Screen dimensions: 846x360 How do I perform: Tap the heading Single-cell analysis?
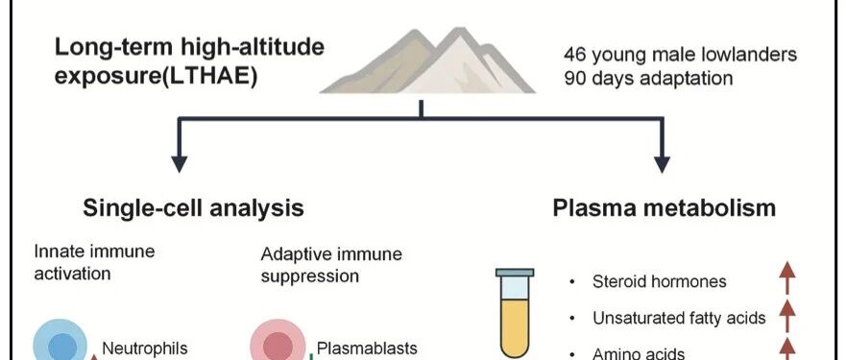[193, 208]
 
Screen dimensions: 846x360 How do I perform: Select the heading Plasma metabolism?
[665, 208]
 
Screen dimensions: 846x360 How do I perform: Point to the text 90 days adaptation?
[648, 79]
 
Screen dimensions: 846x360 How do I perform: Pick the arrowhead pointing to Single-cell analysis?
[180, 164]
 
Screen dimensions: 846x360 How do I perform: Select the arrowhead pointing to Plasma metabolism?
[662, 164]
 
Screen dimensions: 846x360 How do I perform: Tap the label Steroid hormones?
[660, 281]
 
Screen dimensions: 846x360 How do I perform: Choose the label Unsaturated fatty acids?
[679, 318]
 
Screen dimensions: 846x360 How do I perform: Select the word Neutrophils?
[145, 348]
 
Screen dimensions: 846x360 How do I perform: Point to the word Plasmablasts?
[367, 348]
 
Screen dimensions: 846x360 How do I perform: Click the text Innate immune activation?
[94, 262]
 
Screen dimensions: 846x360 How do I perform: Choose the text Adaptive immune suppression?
[332, 265]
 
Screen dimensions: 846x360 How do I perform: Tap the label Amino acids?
[639, 354]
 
